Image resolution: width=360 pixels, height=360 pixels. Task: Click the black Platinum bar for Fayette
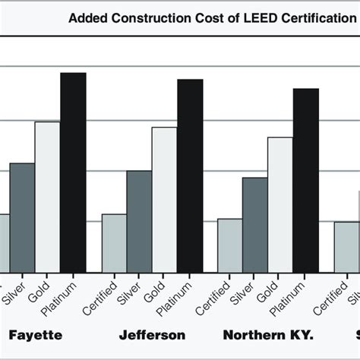tap(74, 172)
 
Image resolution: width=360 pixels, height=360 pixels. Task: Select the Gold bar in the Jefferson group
tap(164, 199)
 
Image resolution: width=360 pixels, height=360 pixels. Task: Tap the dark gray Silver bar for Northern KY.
tap(254, 224)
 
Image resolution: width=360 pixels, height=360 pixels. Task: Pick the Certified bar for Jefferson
tap(114, 242)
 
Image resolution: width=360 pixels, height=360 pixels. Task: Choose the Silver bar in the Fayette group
tap(22, 217)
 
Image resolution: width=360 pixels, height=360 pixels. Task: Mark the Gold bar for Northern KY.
tap(280, 204)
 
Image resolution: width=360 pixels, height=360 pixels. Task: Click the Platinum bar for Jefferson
tap(190, 175)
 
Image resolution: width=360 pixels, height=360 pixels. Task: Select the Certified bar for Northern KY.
tap(229, 245)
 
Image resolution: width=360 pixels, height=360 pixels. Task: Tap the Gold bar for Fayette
tap(48, 196)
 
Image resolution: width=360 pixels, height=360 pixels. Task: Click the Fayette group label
tap(34, 335)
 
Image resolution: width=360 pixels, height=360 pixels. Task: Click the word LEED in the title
tap(251, 17)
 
